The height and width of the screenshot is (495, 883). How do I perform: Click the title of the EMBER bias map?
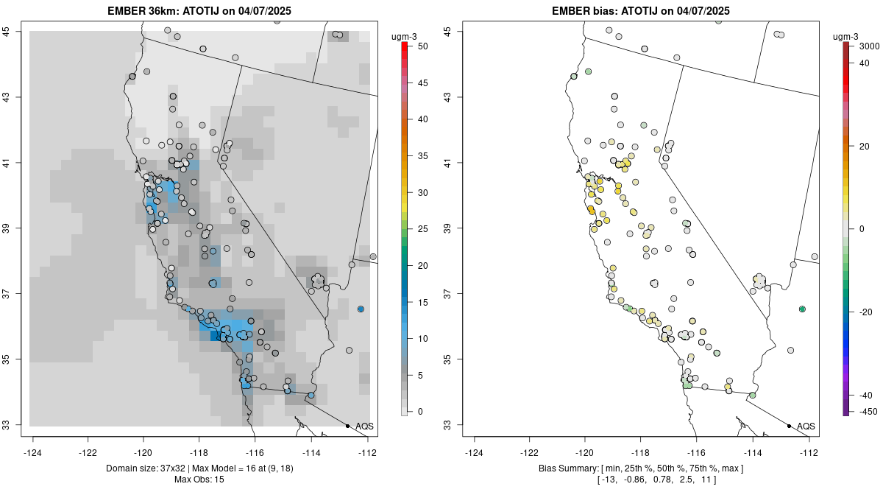coord(641,10)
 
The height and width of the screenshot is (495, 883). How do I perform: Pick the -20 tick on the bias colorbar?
coord(866,312)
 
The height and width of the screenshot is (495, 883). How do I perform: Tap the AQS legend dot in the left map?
coord(347,426)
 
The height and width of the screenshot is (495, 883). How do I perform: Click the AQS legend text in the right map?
coord(806,426)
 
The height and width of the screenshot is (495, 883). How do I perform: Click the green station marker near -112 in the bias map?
coord(802,309)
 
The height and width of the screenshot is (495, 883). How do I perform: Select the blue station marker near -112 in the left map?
coord(361,309)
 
